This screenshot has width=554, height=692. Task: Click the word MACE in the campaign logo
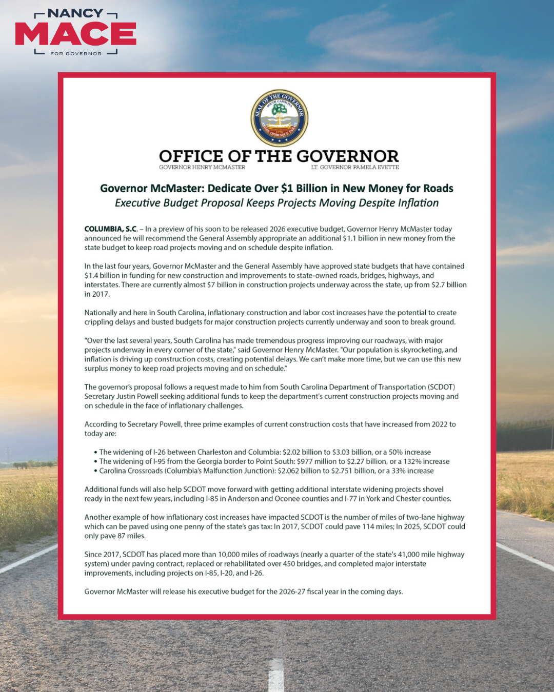75,34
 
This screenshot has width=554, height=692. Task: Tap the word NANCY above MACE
75,13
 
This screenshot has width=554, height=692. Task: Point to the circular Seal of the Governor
279,118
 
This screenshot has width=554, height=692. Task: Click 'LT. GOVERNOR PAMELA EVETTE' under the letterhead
355,167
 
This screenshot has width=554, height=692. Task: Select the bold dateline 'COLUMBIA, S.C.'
111,229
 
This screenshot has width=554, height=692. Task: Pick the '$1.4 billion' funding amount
102,276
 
